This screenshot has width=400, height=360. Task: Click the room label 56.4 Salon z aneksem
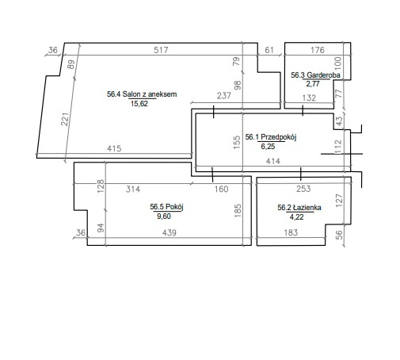[142, 94]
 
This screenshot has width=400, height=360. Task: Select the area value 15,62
[139, 104]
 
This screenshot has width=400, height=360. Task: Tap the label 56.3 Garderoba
[315, 75]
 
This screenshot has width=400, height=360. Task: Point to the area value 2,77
[313, 84]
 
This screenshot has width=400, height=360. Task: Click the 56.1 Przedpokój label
[271, 137]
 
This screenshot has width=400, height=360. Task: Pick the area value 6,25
[268, 146]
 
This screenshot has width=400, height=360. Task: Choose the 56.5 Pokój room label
[166, 207]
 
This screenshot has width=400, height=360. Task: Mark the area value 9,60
[164, 216]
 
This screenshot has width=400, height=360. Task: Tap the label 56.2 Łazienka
[299, 208]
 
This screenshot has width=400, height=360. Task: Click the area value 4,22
[296, 217]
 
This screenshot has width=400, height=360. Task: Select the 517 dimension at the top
[161, 50]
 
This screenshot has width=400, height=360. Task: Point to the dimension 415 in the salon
[114, 148]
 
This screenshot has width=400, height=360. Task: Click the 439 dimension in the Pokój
[170, 232]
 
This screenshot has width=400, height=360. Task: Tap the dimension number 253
[303, 189]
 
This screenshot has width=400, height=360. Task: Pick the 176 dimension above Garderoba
[318, 50]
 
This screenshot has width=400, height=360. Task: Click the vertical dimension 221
[65, 119]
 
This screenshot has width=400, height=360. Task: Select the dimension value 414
[273, 161]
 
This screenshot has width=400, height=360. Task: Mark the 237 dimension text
[224, 96]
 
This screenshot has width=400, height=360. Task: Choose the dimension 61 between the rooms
[269, 50]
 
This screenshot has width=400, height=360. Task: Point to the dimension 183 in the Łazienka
[291, 232]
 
